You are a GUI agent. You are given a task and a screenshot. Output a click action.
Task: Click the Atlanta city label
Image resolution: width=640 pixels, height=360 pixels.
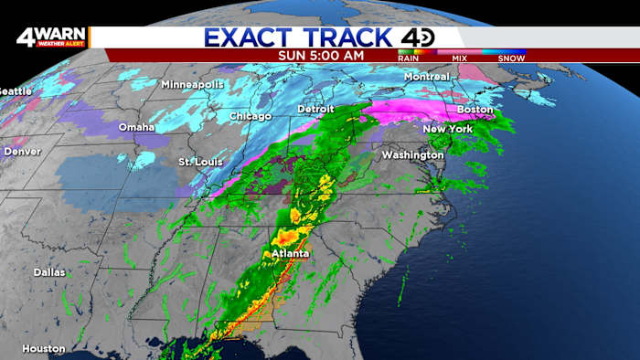pyautogui.click(x=289, y=253)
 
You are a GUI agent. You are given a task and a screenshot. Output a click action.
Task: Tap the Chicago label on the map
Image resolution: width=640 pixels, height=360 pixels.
pyautogui.click(x=251, y=117)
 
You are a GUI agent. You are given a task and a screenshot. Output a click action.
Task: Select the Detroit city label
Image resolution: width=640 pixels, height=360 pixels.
pyautogui.click(x=316, y=110)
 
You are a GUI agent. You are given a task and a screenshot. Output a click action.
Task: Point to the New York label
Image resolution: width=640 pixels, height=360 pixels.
pyautogui.click(x=447, y=129)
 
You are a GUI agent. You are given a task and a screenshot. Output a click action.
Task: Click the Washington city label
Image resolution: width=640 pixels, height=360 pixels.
pyautogui.click(x=412, y=155)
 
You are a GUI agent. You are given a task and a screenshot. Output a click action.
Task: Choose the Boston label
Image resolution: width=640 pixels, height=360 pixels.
pyautogui.click(x=475, y=110)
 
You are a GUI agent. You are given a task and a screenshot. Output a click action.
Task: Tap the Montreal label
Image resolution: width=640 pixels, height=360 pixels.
pyautogui.click(x=427, y=77)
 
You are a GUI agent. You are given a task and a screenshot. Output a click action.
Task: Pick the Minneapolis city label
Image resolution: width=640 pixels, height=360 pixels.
pyautogui.click(x=192, y=85)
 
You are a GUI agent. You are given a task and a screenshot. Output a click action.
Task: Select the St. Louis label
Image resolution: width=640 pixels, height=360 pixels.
pyautogui.click(x=199, y=163)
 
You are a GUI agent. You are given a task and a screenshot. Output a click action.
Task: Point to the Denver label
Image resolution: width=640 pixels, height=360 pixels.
pyautogui.click(x=22, y=151)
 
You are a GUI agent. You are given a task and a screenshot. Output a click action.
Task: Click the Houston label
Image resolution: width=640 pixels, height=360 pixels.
pyautogui.click(x=44, y=348)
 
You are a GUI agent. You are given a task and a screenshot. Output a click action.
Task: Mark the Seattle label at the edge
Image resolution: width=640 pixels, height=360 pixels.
pyautogui.click(x=15, y=91)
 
